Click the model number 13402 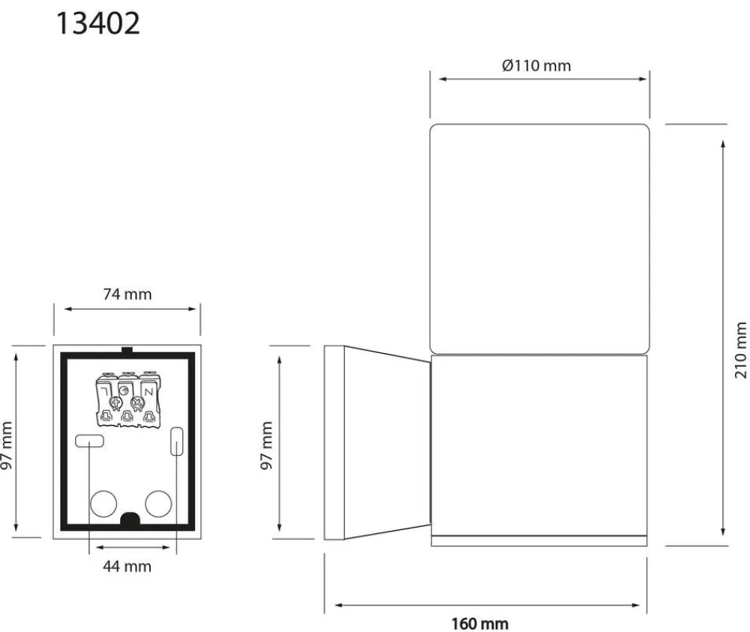tap(98, 23)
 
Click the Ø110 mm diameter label tap(536, 65)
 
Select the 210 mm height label tap(740, 350)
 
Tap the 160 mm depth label tap(480, 624)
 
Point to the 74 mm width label tap(127, 294)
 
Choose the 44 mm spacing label tap(127, 567)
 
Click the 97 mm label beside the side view tap(266, 445)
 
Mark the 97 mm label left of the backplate tap(6, 445)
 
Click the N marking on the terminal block tap(148, 392)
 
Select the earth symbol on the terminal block tap(124, 390)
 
